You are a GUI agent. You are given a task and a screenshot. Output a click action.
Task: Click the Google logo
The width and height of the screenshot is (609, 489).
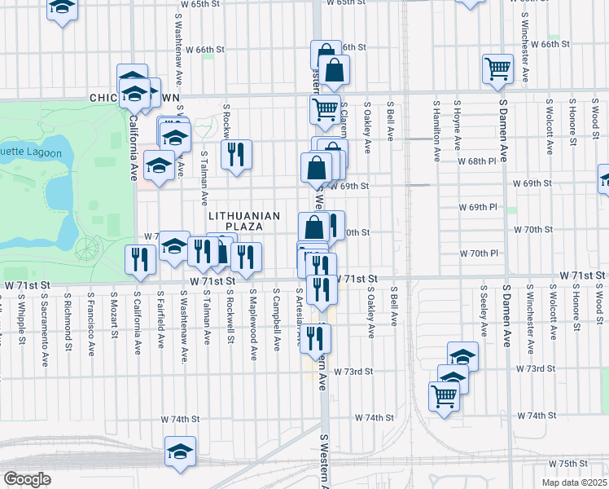[x=27, y=479]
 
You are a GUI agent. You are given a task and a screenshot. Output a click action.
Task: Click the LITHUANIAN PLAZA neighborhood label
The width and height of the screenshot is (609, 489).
[x=244, y=221]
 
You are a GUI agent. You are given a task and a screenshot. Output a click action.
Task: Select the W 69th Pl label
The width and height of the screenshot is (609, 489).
[x=483, y=207]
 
